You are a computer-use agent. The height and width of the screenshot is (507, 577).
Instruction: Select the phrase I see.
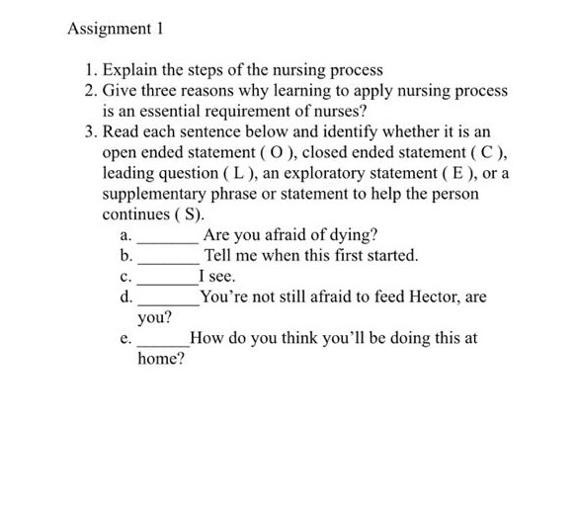214,276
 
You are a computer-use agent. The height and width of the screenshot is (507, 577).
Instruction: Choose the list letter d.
124,296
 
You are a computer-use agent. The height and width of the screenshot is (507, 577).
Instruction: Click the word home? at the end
161,360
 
